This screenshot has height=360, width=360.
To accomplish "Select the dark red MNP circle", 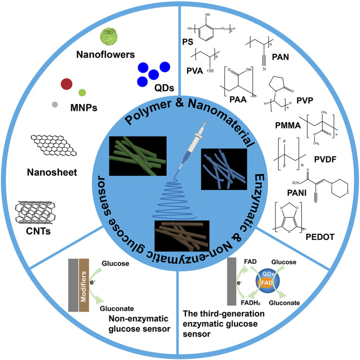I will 67,85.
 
